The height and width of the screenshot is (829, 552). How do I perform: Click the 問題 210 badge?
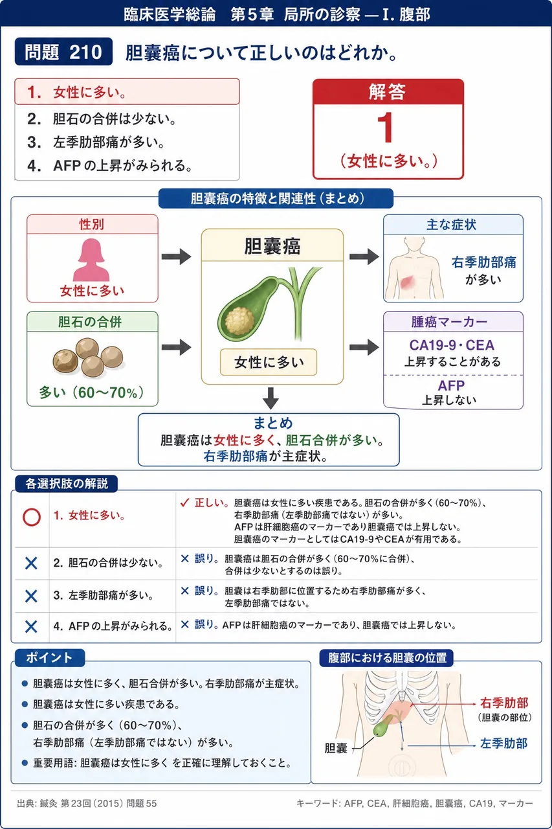(x=63, y=52)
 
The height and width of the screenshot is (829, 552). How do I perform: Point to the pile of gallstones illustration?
(x=87, y=358)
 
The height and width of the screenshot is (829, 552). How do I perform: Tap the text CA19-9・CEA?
(x=452, y=345)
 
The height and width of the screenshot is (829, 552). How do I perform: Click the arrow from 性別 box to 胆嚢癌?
(x=177, y=256)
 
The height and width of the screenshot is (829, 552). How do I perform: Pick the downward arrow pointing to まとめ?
(x=271, y=398)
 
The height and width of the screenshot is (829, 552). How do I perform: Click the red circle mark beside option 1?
(x=32, y=517)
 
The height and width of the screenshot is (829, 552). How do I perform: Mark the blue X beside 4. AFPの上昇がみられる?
(x=31, y=626)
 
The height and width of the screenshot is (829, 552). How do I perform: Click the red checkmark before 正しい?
(x=184, y=503)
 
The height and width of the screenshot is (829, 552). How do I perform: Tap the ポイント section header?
(x=50, y=657)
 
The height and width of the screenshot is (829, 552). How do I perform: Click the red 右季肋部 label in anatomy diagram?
(x=504, y=703)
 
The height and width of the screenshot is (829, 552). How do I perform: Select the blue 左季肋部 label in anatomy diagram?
(x=503, y=743)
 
